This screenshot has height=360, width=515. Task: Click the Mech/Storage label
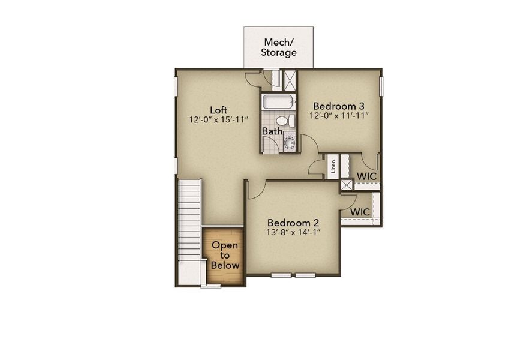[278, 47]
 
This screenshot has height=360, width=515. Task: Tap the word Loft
[218, 110]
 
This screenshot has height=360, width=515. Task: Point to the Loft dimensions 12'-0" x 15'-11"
[218, 120]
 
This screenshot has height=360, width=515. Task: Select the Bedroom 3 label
[339, 104]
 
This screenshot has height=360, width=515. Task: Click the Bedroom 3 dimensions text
[339, 115]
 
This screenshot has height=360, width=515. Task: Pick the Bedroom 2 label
[294, 221]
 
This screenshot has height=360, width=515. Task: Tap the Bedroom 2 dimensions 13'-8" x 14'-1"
[294, 232]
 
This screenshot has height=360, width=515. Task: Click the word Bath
[272, 131]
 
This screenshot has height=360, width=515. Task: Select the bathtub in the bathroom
[278, 101]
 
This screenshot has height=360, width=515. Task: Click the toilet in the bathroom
[291, 121]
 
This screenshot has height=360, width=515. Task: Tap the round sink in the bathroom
[289, 142]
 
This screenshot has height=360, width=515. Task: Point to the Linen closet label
[333, 167]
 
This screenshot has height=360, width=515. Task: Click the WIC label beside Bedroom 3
[366, 176]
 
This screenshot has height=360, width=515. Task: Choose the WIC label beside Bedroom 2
[360, 212]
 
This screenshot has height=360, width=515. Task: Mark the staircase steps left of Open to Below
[189, 228]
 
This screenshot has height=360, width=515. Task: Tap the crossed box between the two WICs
[347, 185]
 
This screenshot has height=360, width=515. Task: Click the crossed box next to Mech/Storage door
[290, 80]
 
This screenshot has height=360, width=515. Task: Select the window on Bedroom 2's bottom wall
[293, 275]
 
